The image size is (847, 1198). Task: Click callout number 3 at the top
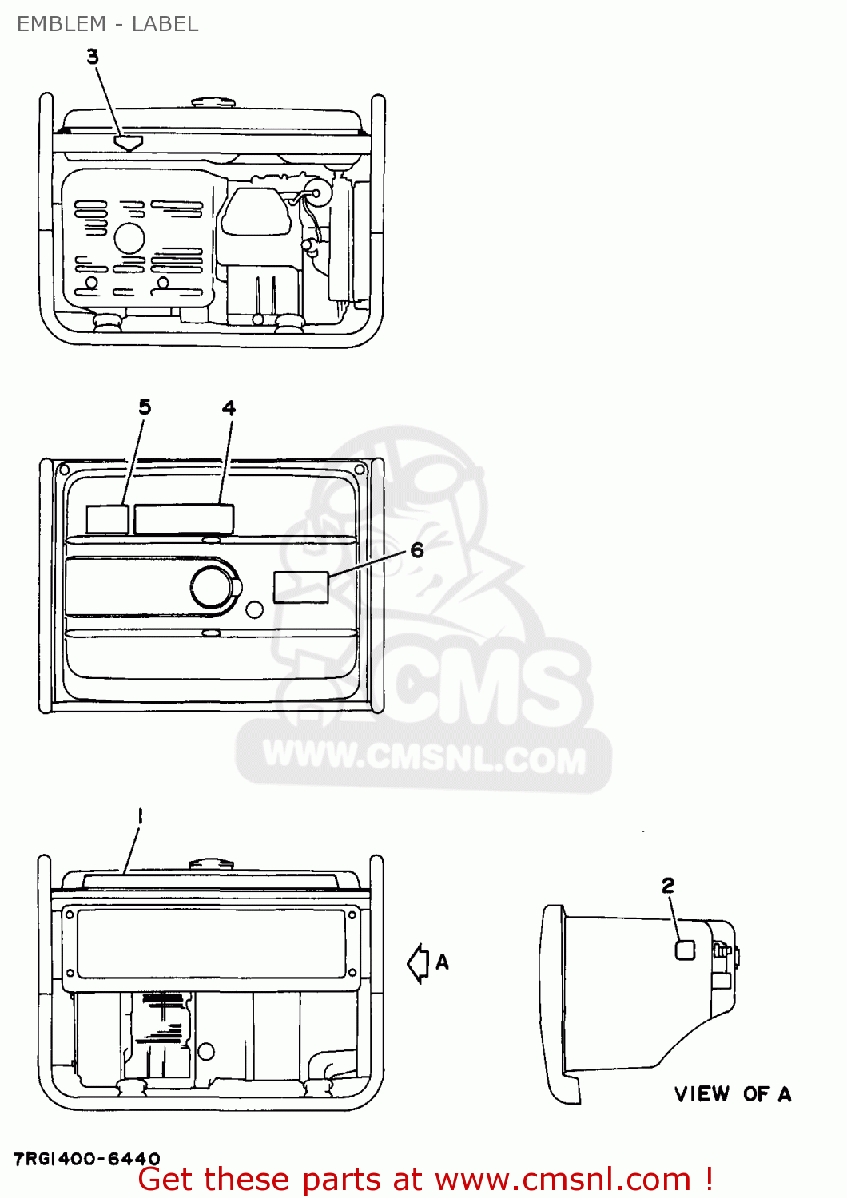[x=93, y=57]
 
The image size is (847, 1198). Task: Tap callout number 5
[x=145, y=407]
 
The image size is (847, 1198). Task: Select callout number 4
[x=229, y=408]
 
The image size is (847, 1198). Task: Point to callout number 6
[x=417, y=549]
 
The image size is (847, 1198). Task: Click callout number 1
[x=140, y=816]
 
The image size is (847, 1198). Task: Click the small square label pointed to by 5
[x=108, y=519]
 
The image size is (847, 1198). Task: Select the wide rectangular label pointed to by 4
[x=184, y=519]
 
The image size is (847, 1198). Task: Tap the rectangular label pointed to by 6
[x=300, y=587]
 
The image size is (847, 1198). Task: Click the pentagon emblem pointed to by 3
[x=128, y=143]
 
